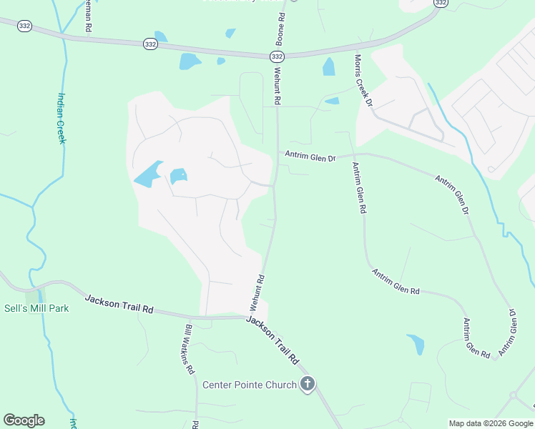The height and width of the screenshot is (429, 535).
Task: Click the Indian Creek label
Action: click(62, 119)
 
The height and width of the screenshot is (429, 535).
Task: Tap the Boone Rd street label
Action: click(282, 26)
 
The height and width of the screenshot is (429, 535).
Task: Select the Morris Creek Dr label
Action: click(363, 81)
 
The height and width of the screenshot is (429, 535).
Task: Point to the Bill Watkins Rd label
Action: click(190, 350)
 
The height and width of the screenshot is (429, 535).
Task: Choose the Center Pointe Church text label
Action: click(249, 385)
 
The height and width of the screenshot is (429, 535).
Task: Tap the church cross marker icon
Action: click(308, 385)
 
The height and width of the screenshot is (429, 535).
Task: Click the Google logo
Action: click(24, 420)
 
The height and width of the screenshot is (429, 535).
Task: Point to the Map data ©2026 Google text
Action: click(491, 423)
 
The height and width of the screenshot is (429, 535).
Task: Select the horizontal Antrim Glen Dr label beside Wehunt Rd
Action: click(310, 154)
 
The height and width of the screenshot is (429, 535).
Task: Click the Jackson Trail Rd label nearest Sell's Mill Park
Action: click(119, 304)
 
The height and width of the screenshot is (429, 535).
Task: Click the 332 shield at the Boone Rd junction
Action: click(278, 56)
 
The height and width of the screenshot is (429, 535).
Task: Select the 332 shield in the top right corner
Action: click(441, 4)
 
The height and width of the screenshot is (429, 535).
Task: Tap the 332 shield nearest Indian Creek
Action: click(149, 44)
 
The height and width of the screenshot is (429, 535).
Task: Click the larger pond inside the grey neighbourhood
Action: click(147, 174)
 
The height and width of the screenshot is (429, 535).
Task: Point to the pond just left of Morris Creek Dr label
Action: click(329, 67)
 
